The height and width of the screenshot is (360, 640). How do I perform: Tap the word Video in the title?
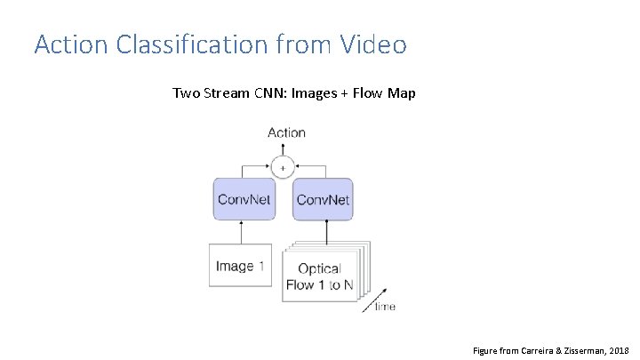[371, 44]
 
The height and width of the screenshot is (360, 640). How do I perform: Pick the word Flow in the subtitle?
[369, 92]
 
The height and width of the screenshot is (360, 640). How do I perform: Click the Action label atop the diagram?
[286, 132]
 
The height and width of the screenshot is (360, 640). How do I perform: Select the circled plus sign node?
[284, 166]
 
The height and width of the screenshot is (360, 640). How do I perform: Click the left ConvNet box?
[244, 199]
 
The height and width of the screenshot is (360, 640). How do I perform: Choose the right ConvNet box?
[322, 199]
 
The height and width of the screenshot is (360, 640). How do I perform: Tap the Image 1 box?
[240, 266]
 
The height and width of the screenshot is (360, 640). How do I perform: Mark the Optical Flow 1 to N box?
[318, 276]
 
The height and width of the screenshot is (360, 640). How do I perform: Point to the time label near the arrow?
[385, 307]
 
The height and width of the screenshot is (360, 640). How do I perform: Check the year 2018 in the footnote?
[620, 350]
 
